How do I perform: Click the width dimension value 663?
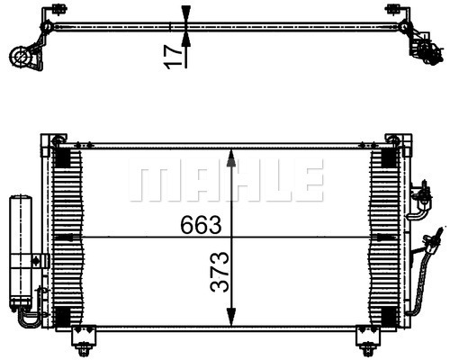pyautogui.click(x=201, y=225)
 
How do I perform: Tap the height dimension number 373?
pyautogui.click(x=220, y=272)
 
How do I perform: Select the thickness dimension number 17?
pyautogui.click(x=173, y=58)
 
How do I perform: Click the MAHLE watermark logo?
pyautogui.click(x=227, y=180)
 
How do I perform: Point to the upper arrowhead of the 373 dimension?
pyautogui.click(x=230, y=158)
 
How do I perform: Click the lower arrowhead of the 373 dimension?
pyautogui.click(x=230, y=317)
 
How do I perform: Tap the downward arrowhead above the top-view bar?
pyautogui.click(x=186, y=14)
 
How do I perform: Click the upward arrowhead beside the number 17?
pyautogui.click(x=186, y=39)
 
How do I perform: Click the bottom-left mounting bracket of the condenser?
pyautogui.click(x=84, y=339)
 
